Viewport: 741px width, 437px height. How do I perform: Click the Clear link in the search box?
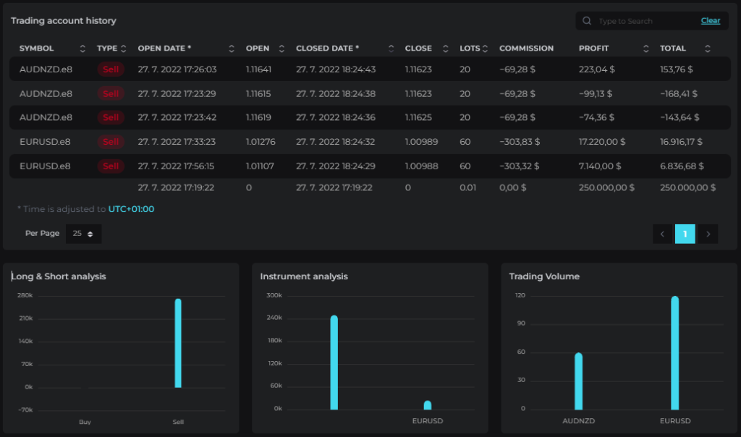[x=711, y=21]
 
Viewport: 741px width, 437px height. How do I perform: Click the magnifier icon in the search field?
[x=586, y=21]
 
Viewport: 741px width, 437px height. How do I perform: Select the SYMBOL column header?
[x=36, y=48]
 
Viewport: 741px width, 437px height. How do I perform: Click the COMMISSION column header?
[x=526, y=48]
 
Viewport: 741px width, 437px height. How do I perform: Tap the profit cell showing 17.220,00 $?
[x=601, y=142]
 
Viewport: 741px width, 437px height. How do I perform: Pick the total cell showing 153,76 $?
[x=677, y=69]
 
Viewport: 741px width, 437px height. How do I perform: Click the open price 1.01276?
[x=261, y=142]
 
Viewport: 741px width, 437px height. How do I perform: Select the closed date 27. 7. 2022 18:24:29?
[x=336, y=166]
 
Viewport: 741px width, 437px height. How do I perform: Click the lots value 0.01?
[x=468, y=187]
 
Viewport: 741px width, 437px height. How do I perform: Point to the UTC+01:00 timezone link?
[x=132, y=209]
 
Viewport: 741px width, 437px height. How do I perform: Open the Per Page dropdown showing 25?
[x=83, y=234]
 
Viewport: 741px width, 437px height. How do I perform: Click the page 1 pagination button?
[x=685, y=234]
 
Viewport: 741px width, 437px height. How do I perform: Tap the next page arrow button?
[x=708, y=234]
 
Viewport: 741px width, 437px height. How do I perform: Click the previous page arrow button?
[x=663, y=234]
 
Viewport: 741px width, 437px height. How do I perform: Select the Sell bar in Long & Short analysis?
[x=178, y=343]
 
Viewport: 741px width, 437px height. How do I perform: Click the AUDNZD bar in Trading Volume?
[x=578, y=381]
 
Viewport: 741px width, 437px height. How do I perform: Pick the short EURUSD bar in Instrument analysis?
[x=428, y=405]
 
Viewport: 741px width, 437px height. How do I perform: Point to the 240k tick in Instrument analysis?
[x=274, y=318]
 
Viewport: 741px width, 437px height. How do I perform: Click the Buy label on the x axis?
[x=85, y=422]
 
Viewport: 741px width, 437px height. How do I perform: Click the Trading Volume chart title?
[x=544, y=276]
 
